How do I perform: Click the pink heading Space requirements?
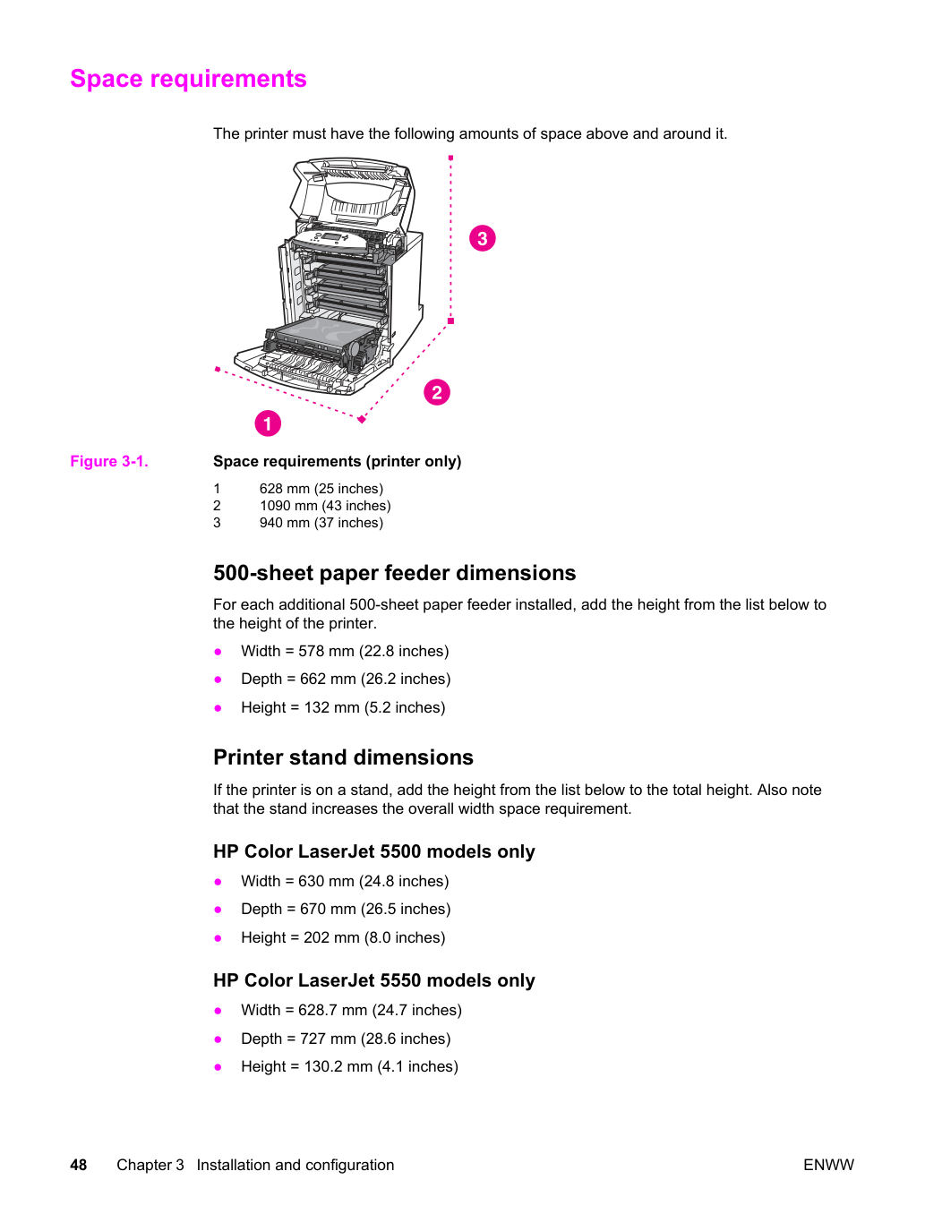(188, 79)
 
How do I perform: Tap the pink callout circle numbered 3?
(483, 238)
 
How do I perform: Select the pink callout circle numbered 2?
(437, 392)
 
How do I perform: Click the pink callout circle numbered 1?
(268, 423)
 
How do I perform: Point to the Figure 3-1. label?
(109, 462)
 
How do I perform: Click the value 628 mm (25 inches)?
(321, 489)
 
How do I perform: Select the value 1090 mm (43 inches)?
(325, 505)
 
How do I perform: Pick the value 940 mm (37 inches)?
(321, 523)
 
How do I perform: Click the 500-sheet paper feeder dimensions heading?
(394, 573)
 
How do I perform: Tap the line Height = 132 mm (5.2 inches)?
(343, 707)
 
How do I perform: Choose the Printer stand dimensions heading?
(343, 757)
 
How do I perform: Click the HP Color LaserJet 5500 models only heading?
(374, 851)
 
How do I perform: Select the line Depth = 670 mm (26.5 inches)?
(347, 909)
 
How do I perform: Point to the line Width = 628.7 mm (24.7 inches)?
(352, 1010)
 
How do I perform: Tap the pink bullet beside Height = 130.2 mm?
(218, 1067)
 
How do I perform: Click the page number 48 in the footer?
(79, 1165)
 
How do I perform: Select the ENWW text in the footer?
(828, 1165)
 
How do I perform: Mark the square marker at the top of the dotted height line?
(450, 158)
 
